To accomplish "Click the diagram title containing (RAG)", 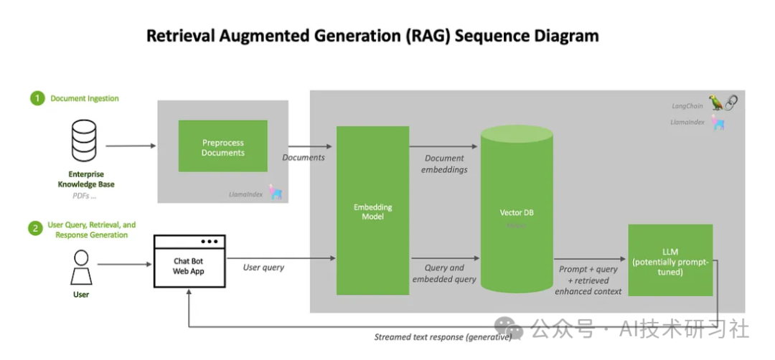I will (x=372, y=36).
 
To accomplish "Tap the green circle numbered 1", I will (x=37, y=98).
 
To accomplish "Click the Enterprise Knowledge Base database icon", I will (x=84, y=141).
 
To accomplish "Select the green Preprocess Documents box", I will (x=222, y=146).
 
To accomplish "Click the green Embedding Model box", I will (x=372, y=211).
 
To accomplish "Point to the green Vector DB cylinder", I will (x=517, y=212).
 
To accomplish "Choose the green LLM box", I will (x=670, y=260).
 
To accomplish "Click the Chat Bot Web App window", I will (x=189, y=261).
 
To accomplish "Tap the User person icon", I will (x=81, y=267).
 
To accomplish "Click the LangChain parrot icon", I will (x=716, y=103).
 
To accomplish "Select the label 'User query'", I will (x=263, y=267).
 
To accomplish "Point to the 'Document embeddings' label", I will (x=445, y=164).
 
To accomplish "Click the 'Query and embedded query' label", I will (x=444, y=273).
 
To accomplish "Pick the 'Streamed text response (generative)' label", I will (x=443, y=337).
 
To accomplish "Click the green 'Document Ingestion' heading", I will (x=85, y=98).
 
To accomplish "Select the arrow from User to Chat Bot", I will (x=123, y=265).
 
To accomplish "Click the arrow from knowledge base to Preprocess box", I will (x=130, y=146).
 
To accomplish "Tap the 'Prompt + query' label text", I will (x=588, y=269).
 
